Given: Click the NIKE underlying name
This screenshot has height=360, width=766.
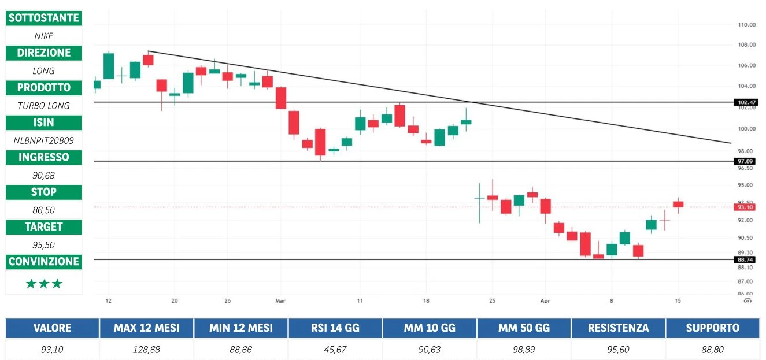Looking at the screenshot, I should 43,36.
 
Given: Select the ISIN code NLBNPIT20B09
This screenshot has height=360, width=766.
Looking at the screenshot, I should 43,140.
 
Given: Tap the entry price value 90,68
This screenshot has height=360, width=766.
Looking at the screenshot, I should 43,175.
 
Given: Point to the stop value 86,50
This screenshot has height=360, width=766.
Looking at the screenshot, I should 43,210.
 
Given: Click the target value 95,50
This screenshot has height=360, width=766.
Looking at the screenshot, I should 43,244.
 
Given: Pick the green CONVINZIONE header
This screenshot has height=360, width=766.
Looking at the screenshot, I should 43,262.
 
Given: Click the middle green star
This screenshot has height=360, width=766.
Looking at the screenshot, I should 43,284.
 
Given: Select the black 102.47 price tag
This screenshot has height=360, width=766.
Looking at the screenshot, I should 743,102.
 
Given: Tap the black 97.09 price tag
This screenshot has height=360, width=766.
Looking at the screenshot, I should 743,161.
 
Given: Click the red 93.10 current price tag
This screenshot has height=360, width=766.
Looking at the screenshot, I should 743,207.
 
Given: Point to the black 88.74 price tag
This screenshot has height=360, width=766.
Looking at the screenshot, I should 743,259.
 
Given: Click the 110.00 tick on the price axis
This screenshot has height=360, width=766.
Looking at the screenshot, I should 747,25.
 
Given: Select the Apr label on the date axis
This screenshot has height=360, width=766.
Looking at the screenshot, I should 545,301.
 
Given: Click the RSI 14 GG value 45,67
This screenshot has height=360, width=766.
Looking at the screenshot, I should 335,349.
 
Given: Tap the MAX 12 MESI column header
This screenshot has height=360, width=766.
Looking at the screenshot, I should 146,328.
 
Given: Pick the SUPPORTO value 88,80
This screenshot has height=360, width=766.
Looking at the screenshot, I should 712,349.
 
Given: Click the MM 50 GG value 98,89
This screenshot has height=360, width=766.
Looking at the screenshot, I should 524,349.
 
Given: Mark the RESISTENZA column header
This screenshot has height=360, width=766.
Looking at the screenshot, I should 618,328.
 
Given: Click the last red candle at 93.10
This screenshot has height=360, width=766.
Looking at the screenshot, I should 678,204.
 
